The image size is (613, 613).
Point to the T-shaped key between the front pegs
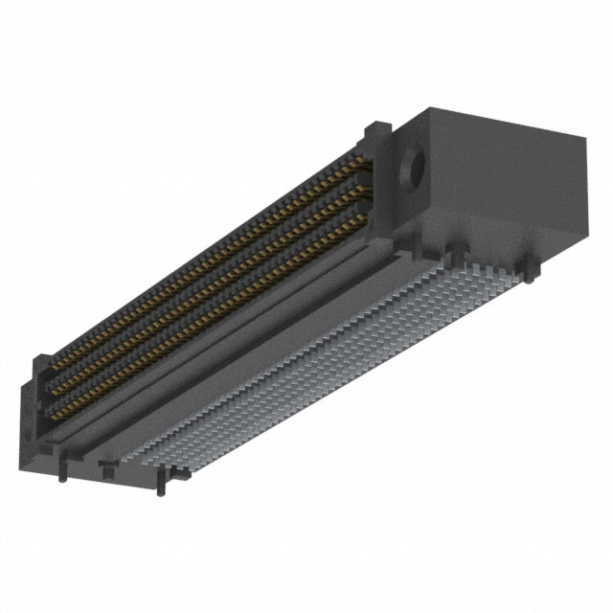click(105, 469)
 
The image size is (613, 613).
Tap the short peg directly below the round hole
click(446, 250)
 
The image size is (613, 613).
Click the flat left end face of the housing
click(29, 421)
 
